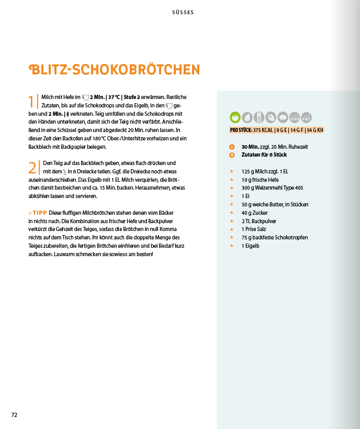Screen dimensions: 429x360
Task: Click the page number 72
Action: point(15,415)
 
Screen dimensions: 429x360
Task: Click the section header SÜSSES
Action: point(183,13)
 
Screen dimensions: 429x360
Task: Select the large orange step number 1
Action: point(31,102)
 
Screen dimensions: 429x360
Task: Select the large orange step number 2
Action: point(32,168)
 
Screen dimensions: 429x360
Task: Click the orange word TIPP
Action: point(39,213)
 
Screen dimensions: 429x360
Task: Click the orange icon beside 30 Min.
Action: point(232,147)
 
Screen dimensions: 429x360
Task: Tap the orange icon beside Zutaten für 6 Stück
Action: point(232,155)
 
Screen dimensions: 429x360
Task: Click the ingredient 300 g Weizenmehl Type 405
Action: point(272,188)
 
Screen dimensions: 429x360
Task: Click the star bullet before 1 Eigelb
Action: point(231,246)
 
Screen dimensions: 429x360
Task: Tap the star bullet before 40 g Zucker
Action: point(231,213)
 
